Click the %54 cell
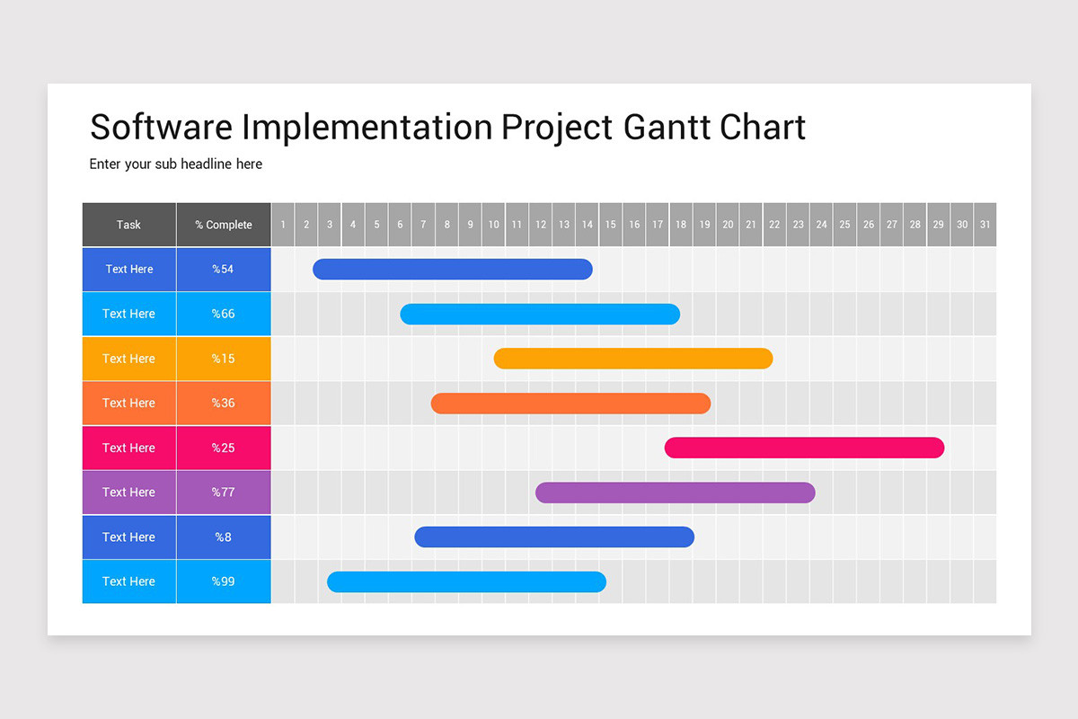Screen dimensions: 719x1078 tap(223, 269)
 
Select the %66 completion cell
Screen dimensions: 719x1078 tap(223, 314)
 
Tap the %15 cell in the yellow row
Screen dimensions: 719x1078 tap(223, 359)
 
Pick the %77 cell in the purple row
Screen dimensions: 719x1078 tap(223, 493)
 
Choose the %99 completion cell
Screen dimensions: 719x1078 tap(223, 581)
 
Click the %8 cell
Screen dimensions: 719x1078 tap(223, 537)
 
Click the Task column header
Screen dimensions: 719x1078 tap(128, 225)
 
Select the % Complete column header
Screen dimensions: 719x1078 tap(224, 225)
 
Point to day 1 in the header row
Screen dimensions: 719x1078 tap(283, 225)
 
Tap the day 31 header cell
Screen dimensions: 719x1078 tap(985, 225)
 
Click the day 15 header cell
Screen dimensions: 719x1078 tap(611, 225)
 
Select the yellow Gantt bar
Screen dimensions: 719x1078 tap(633, 359)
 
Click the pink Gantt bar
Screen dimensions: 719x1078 tap(804, 448)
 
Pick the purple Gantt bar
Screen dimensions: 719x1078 tap(675, 493)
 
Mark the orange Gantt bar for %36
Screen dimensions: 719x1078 tap(570, 403)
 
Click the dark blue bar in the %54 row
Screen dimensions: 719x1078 tap(453, 269)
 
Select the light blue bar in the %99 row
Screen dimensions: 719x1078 tap(466, 581)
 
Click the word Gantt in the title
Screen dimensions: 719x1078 tap(666, 127)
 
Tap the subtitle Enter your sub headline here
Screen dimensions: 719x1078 tap(176, 164)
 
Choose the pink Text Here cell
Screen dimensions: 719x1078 tap(128, 448)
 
